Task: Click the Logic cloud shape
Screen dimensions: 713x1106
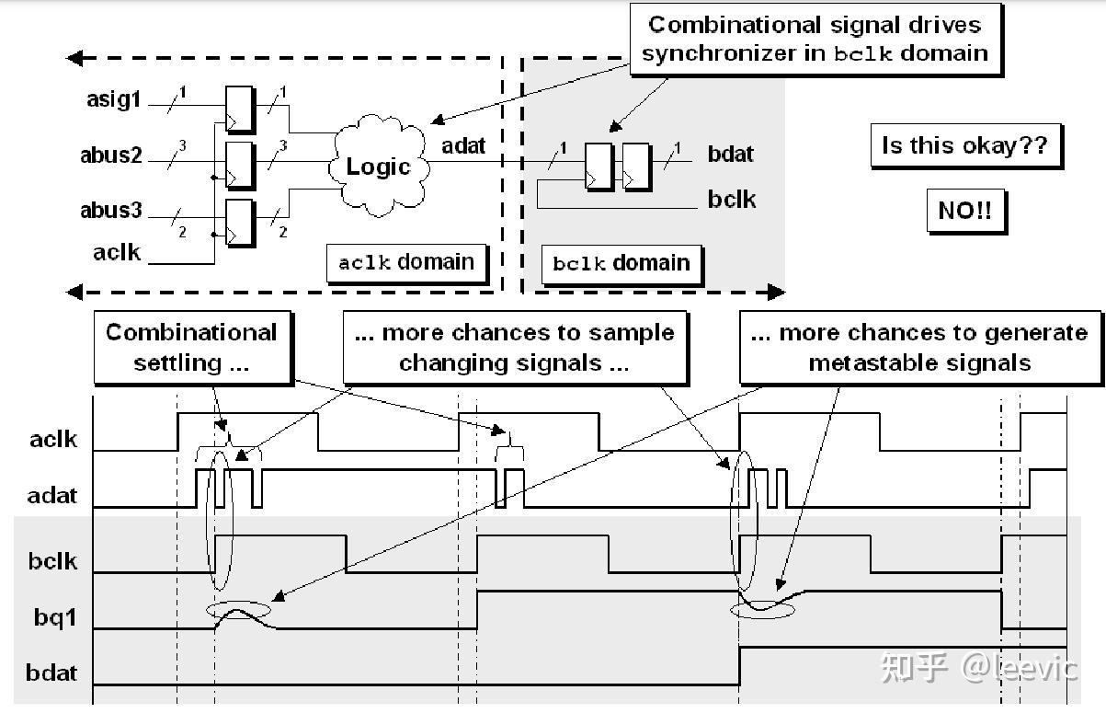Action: (x=378, y=167)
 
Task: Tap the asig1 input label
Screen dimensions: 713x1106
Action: (x=115, y=99)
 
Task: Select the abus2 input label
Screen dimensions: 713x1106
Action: (x=111, y=155)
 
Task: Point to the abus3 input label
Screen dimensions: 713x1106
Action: (x=111, y=211)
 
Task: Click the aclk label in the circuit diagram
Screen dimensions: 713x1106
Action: (x=117, y=252)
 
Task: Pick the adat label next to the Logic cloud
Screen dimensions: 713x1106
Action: (x=463, y=145)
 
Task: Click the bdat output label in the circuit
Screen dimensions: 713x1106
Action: (x=731, y=154)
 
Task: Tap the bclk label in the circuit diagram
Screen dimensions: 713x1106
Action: (x=732, y=199)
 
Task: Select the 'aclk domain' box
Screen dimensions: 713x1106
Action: (x=406, y=262)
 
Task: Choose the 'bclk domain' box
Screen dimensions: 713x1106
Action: (x=621, y=263)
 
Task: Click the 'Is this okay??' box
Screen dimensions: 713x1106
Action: (x=964, y=146)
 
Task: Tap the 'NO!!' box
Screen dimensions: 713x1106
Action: (x=964, y=211)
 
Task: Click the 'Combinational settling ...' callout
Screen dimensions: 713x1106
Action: (x=190, y=347)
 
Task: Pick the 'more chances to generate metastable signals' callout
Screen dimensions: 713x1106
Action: (x=918, y=347)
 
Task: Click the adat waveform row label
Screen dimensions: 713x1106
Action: (x=52, y=495)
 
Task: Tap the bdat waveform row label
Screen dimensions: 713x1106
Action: (x=51, y=673)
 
